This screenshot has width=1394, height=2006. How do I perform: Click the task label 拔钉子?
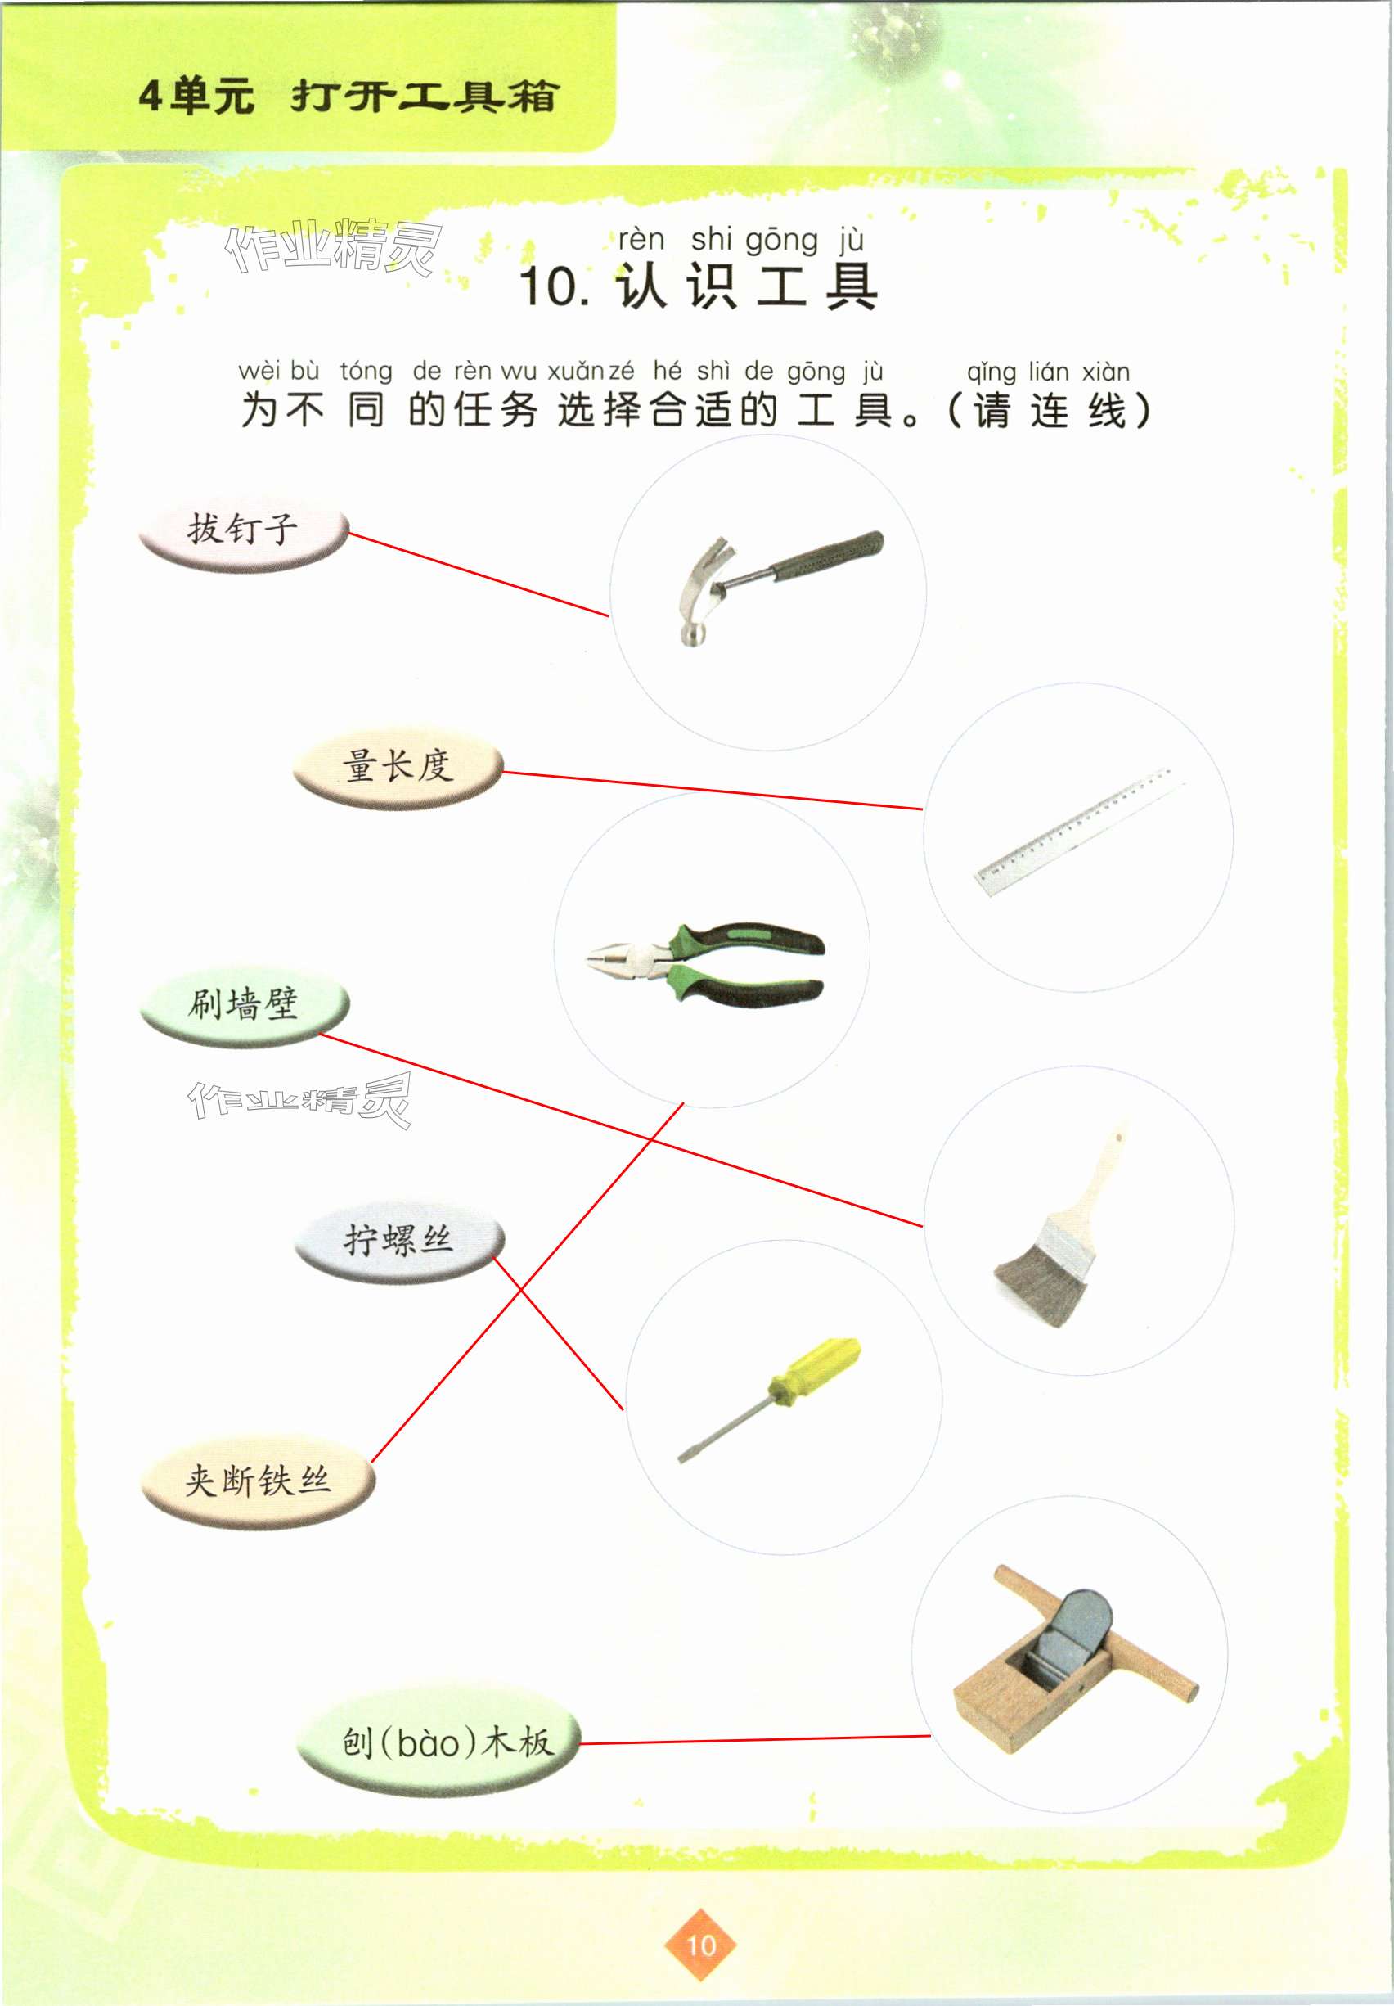243,530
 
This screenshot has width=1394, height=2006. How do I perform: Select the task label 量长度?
398,767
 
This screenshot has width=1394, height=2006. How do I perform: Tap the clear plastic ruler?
1080,831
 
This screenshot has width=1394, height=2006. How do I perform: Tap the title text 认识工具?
747,286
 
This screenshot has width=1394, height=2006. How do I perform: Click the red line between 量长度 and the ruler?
713,791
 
